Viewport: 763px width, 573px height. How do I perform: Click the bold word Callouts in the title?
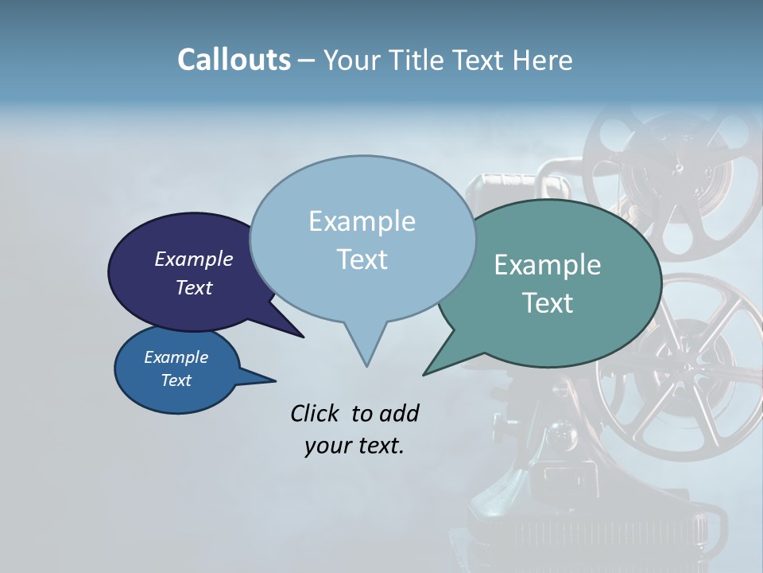234,60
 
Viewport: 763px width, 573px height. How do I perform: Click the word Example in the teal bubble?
547,265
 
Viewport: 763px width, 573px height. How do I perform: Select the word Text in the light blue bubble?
362,259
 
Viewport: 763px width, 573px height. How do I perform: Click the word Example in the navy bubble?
193,259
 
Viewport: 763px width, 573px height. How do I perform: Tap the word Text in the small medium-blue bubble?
176,380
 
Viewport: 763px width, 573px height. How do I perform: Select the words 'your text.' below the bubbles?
354,446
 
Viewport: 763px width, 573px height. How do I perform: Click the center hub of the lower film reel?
682,366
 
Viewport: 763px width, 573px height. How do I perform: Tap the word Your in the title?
353,60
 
